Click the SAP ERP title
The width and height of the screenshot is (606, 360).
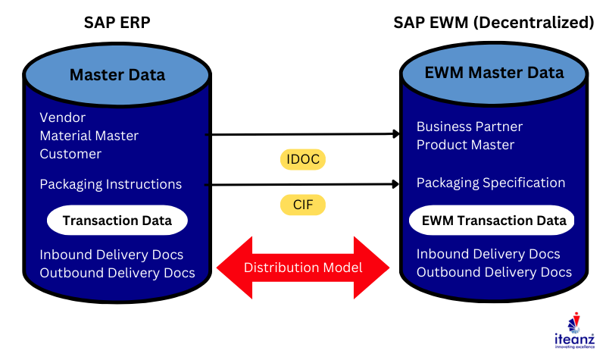pos(117,23)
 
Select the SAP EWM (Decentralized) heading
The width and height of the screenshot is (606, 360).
pos(493,23)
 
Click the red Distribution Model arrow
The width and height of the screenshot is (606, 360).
pos(303,267)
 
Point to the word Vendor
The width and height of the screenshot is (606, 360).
pos(62,117)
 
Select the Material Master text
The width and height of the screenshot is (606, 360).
pos(89,136)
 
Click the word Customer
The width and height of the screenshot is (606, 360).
pos(70,154)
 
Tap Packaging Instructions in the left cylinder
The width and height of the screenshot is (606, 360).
pos(111,184)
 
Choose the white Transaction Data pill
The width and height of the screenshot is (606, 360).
pos(117,221)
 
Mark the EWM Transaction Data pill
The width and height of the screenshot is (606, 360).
pos(493,221)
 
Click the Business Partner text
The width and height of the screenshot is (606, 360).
pos(470,127)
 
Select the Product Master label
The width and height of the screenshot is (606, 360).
pos(465,145)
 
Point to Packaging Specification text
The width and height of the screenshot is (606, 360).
pos(491,183)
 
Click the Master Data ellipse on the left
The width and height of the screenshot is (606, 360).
pos(117,74)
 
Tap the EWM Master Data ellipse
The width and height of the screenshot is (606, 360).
pos(493,73)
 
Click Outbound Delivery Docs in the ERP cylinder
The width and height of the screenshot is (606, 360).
pos(117,273)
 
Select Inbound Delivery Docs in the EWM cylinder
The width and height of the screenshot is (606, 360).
pos(489,254)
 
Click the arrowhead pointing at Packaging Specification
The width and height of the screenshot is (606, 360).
pos(395,184)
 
